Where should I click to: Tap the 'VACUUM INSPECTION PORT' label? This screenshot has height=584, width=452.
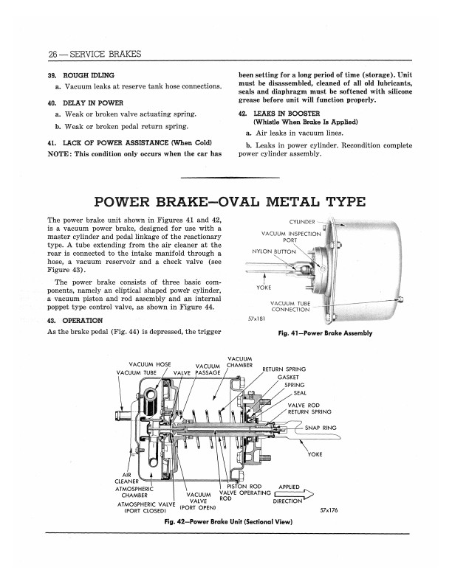(291, 237)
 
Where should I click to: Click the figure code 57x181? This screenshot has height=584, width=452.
(254, 319)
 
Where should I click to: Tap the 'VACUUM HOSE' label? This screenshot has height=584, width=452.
(150, 364)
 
